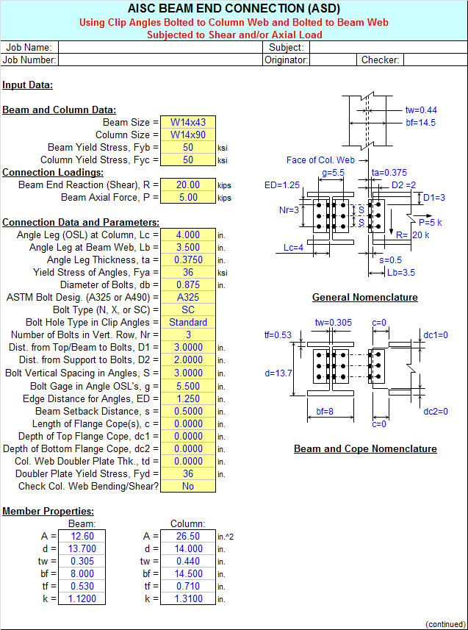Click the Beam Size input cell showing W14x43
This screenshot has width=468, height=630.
(x=188, y=122)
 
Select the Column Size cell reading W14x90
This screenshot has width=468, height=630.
(x=188, y=135)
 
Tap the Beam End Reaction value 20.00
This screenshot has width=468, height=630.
(x=188, y=185)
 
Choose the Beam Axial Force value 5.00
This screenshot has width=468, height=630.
(x=188, y=197)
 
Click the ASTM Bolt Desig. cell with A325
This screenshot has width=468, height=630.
(x=188, y=297)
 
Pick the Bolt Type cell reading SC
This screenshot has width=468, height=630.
(x=188, y=309)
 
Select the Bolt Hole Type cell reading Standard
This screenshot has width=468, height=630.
(x=188, y=322)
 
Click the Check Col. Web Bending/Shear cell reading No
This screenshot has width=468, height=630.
(x=188, y=486)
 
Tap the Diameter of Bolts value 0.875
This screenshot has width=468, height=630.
(x=188, y=285)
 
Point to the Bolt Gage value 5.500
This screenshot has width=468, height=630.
(x=188, y=386)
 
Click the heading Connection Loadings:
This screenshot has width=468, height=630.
(x=53, y=172)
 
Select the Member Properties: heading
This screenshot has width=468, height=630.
(x=48, y=512)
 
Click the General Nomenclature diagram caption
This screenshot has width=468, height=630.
(x=365, y=297)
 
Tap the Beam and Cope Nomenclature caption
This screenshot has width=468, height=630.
(x=365, y=449)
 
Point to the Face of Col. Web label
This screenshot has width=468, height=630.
(x=320, y=160)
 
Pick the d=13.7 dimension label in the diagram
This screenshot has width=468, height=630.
(x=278, y=373)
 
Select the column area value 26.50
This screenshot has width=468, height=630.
(x=188, y=536)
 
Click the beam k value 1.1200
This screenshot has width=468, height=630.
(x=82, y=598)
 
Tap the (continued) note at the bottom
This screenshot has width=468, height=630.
(x=445, y=624)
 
